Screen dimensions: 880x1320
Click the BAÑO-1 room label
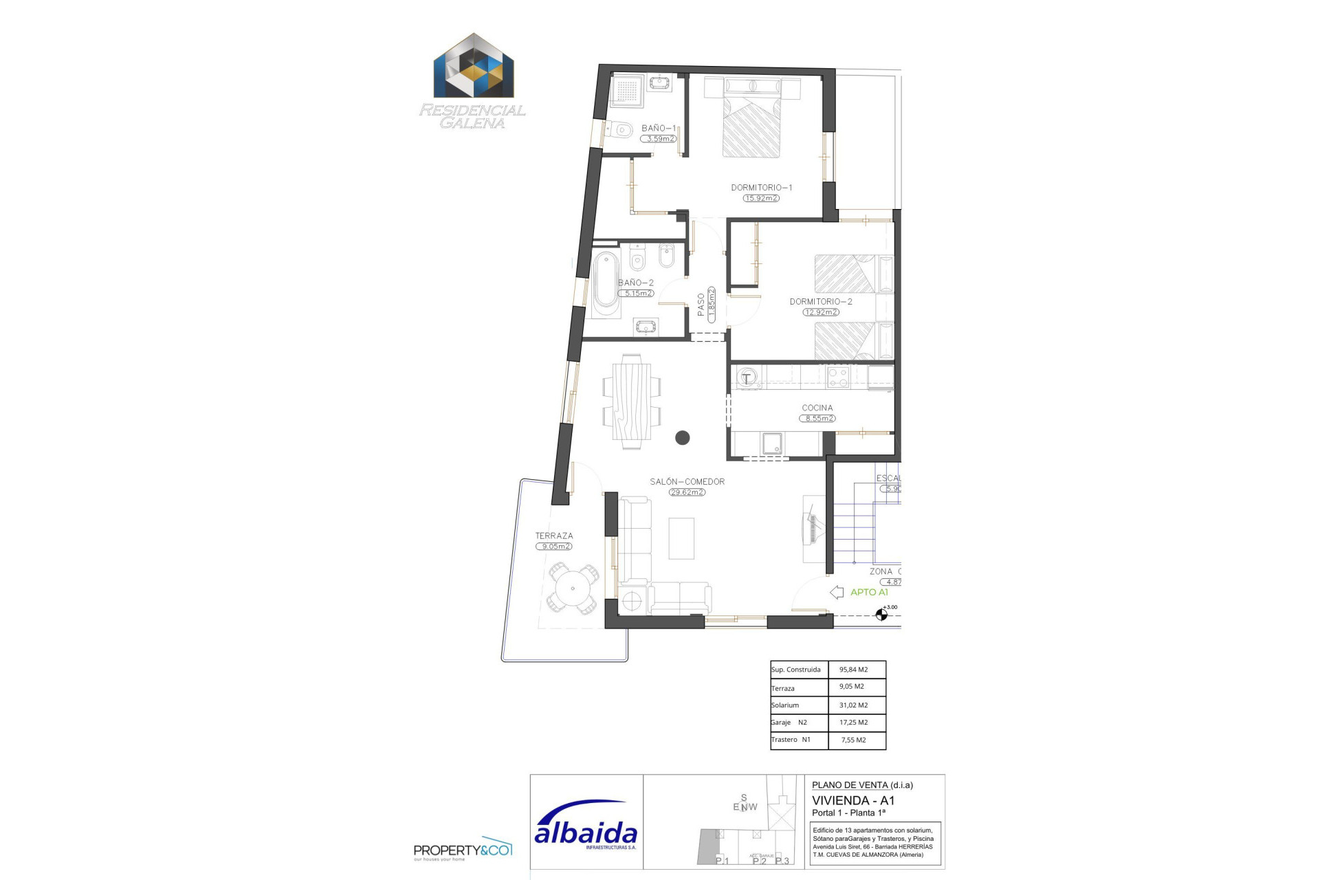[658, 128]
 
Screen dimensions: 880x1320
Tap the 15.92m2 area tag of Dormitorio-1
[760, 198]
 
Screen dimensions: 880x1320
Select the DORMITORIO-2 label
[820, 302]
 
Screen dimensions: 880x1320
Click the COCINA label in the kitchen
[817, 408]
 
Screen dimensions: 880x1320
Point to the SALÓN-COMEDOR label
[687, 482]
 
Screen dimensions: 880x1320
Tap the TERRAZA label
[554, 536]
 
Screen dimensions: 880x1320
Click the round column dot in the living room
[682, 437]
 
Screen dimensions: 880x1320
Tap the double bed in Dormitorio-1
[751, 124]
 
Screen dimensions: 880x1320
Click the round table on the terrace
[573, 588]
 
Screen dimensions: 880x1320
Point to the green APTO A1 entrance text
[869, 592]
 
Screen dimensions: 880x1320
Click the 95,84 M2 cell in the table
[853, 670]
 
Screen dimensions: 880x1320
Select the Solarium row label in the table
[785, 705]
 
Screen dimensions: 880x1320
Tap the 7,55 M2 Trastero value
[853, 740]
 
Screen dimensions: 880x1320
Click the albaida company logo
[586, 828]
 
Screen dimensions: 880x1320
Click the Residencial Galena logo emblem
[474, 67]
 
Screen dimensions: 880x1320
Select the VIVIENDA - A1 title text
[853, 800]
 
